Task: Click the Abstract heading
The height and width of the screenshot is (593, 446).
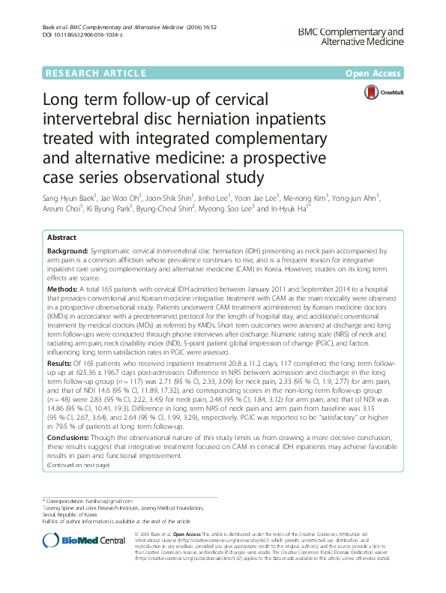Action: (x=62, y=236)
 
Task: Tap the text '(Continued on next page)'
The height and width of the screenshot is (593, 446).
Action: (x=78, y=465)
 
